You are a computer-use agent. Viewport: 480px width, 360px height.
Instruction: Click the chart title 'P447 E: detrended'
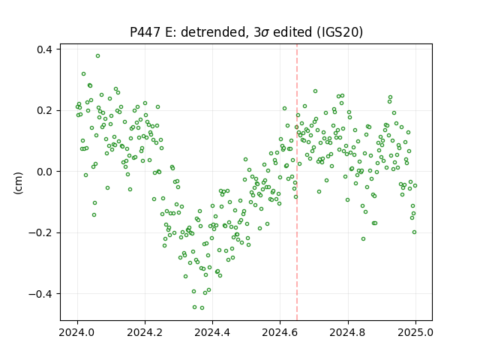[x=188, y=32]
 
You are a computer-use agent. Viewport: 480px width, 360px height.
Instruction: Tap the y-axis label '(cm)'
[x=18, y=183]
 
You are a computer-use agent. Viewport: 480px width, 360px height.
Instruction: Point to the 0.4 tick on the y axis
[x=44, y=49]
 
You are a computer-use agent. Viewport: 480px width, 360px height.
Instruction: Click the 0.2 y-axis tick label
[x=44, y=110]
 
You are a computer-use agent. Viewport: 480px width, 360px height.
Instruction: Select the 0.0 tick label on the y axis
[x=44, y=172]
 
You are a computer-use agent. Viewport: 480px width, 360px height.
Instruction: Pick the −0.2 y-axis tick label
[x=40, y=233]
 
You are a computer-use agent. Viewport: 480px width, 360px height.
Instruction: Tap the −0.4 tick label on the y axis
[x=40, y=294]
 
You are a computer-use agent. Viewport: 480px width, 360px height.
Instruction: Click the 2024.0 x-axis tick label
[x=77, y=332]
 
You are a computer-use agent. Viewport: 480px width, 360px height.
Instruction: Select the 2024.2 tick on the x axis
[x=145, y=332]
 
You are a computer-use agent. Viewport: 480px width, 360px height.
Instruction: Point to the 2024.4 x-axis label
[x=212, y=332]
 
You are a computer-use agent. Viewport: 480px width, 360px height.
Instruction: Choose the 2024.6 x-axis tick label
[x=280, y=332]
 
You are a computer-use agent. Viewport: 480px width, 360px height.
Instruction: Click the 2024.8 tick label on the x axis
[x=347, y=332]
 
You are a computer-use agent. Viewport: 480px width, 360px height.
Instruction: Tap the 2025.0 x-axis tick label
[x=415, y=332]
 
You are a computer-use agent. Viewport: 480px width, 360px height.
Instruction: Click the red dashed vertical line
[x=297, y=182]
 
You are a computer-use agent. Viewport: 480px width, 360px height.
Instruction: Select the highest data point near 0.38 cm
[x=97, y=56]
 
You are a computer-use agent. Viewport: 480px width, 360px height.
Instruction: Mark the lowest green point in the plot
[x=202, y=308]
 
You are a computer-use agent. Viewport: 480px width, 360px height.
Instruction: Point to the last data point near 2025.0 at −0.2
[x=414, y=232]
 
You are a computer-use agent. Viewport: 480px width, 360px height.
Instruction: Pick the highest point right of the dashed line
[x=315, y=91]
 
